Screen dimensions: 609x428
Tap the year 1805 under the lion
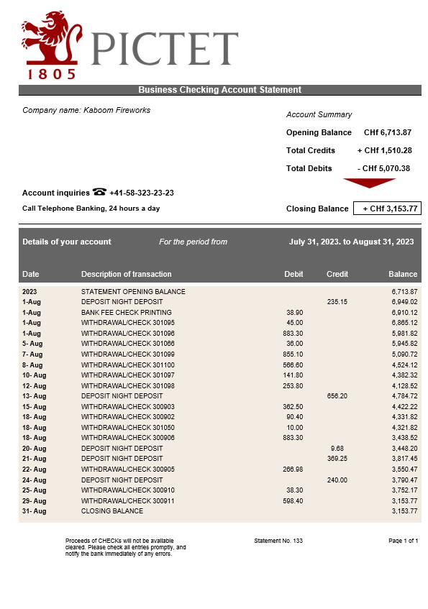pos(51,73)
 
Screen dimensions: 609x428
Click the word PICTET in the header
pos(165,47)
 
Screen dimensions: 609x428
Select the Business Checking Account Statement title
pos(219,90)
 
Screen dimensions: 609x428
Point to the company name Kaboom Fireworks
pos(86,110)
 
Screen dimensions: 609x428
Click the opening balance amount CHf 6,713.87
pos(387,132)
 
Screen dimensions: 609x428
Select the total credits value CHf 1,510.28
pos(384,150)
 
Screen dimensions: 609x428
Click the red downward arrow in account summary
pos(369,183)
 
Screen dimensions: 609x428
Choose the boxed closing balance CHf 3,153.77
pos(386,209)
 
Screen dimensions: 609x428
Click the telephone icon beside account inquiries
pos(99,193)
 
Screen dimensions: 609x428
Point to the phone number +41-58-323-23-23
pos(142,193)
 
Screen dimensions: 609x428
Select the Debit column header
pos(293,274)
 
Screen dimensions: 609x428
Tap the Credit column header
pos(337,274)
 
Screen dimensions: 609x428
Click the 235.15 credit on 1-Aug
pos(337,302)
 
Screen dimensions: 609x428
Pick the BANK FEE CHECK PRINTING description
pos(126,313)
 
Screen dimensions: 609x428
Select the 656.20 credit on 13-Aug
pos(337,396)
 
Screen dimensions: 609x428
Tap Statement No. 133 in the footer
pos(278,540)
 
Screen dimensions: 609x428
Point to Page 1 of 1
pos(403,540)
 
